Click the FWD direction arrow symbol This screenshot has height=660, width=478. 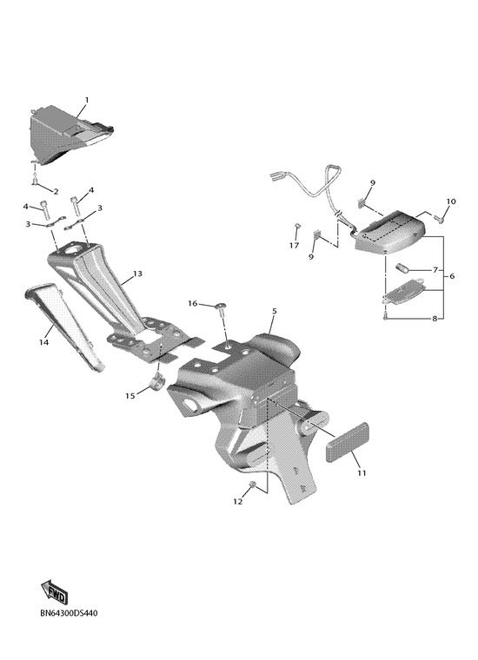pyautogui.click(x=55, y=592)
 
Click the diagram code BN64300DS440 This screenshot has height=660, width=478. pyautogui.click(x=69, y=613)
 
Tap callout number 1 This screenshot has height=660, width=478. pyautogui.click(x=87, y=100)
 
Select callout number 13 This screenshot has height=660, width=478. pyautogui.click(x=137, y=274)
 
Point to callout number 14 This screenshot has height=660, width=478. pyautogui.click(x=43, y=342)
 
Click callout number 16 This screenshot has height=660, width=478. pyautogui.click(x=192, y=303)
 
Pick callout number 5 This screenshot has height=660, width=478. pyautogui.click(x=275, y=311)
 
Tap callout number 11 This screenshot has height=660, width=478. pyautogui.click(x=362, y=473)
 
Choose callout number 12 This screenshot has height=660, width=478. pyautogui.click(x=238, y=501)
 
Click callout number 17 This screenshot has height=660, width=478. pyautogui.click(x=294, y=246)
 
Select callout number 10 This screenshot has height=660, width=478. pyautogui.click(x=451, y=201)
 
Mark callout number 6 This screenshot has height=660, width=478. pyautogui.click(x=452, y=276)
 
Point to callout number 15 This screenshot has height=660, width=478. pyautogui.click(x=130, y=396)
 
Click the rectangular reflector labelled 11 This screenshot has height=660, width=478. pyautogui.click(x=348, y=443)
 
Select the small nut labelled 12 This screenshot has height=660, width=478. pyautogui.click(x=253, y=485)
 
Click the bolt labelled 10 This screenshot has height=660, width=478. pyautogui.click(x=440, y=219)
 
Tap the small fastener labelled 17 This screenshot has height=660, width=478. pyautogui.click(x=297, y=227)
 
